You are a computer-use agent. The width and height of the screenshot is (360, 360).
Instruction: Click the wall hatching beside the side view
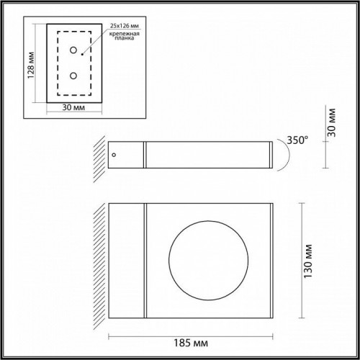tap(99, 154)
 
